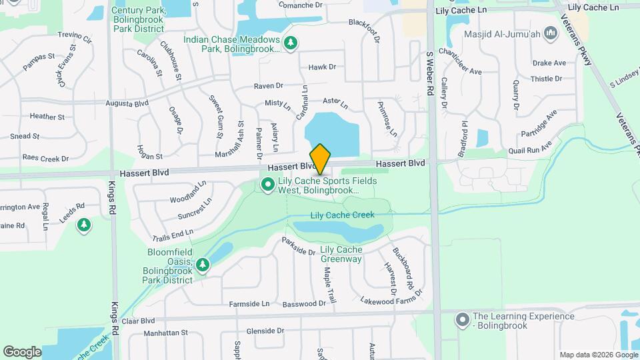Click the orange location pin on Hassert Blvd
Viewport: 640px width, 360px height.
pyautogui.click(x=320, y=159)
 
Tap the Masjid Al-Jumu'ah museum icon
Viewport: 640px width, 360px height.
pyautogui.click(x=551, y=33)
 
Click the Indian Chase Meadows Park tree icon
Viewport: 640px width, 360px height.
pyautogui.click(x=291, y=43)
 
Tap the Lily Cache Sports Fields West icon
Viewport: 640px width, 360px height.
pyautogui.click(x=268, y=185)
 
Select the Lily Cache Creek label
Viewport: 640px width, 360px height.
pyautogui.click(x=343, y=215)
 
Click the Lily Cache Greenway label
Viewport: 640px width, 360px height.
pyautogui.click(x=341, y=254)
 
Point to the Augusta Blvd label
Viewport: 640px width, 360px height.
pyautogui.click(x=127, y=103)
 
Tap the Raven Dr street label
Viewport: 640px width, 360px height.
pyautogui.click(x=269, y=86)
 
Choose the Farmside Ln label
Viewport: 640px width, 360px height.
pyautogui.click(x=249, y=304)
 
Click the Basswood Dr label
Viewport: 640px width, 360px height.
pyautogui.click(x=304, y=304)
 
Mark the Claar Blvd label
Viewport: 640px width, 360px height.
pyautogui.click(x=139, y=320)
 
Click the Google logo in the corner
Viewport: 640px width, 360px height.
pyautogui.click(x=22, y=351)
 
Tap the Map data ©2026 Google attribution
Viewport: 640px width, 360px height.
pyautogui.click(x=597, y=355)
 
